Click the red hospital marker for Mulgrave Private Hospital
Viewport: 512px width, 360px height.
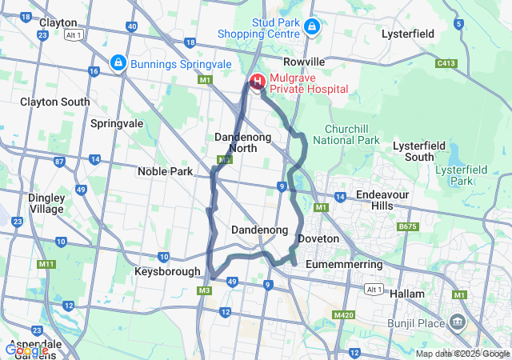(258, 82)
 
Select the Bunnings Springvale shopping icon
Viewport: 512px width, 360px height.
(118, 62)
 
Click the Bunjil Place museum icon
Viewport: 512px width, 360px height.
(458, 322)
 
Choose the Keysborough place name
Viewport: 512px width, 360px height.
(167, 271)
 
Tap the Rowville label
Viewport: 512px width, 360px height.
(304, 62)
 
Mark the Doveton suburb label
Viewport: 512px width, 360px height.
(318, 238)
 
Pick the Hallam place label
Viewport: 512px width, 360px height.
(407, 294)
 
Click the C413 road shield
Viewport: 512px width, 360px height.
(446, 62)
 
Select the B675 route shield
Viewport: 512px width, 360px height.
(408, 227)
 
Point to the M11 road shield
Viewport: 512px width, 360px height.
(46, 264)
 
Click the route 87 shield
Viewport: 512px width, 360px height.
(59, 162)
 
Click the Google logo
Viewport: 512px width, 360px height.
(26, 350)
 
